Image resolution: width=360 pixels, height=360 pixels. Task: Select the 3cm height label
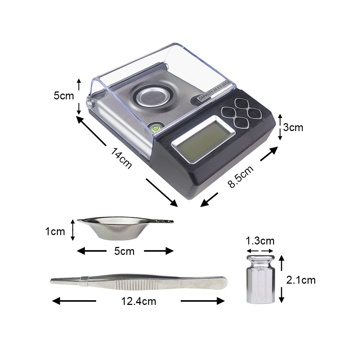[x=293, y=127]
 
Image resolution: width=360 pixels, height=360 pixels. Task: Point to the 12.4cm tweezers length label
[x=139, y=301]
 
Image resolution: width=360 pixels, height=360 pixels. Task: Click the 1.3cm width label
[x=260, y=240]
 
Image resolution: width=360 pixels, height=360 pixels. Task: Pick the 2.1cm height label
[x=301, y=280]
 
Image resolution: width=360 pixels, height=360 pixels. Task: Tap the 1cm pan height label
[x=55, y=231]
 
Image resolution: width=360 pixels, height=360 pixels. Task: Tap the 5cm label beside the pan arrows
[x=124, y=251]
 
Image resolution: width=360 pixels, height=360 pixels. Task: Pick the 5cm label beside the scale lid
[x=64, y=96]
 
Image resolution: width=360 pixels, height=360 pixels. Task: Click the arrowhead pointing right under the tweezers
[x=220, y=301]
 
